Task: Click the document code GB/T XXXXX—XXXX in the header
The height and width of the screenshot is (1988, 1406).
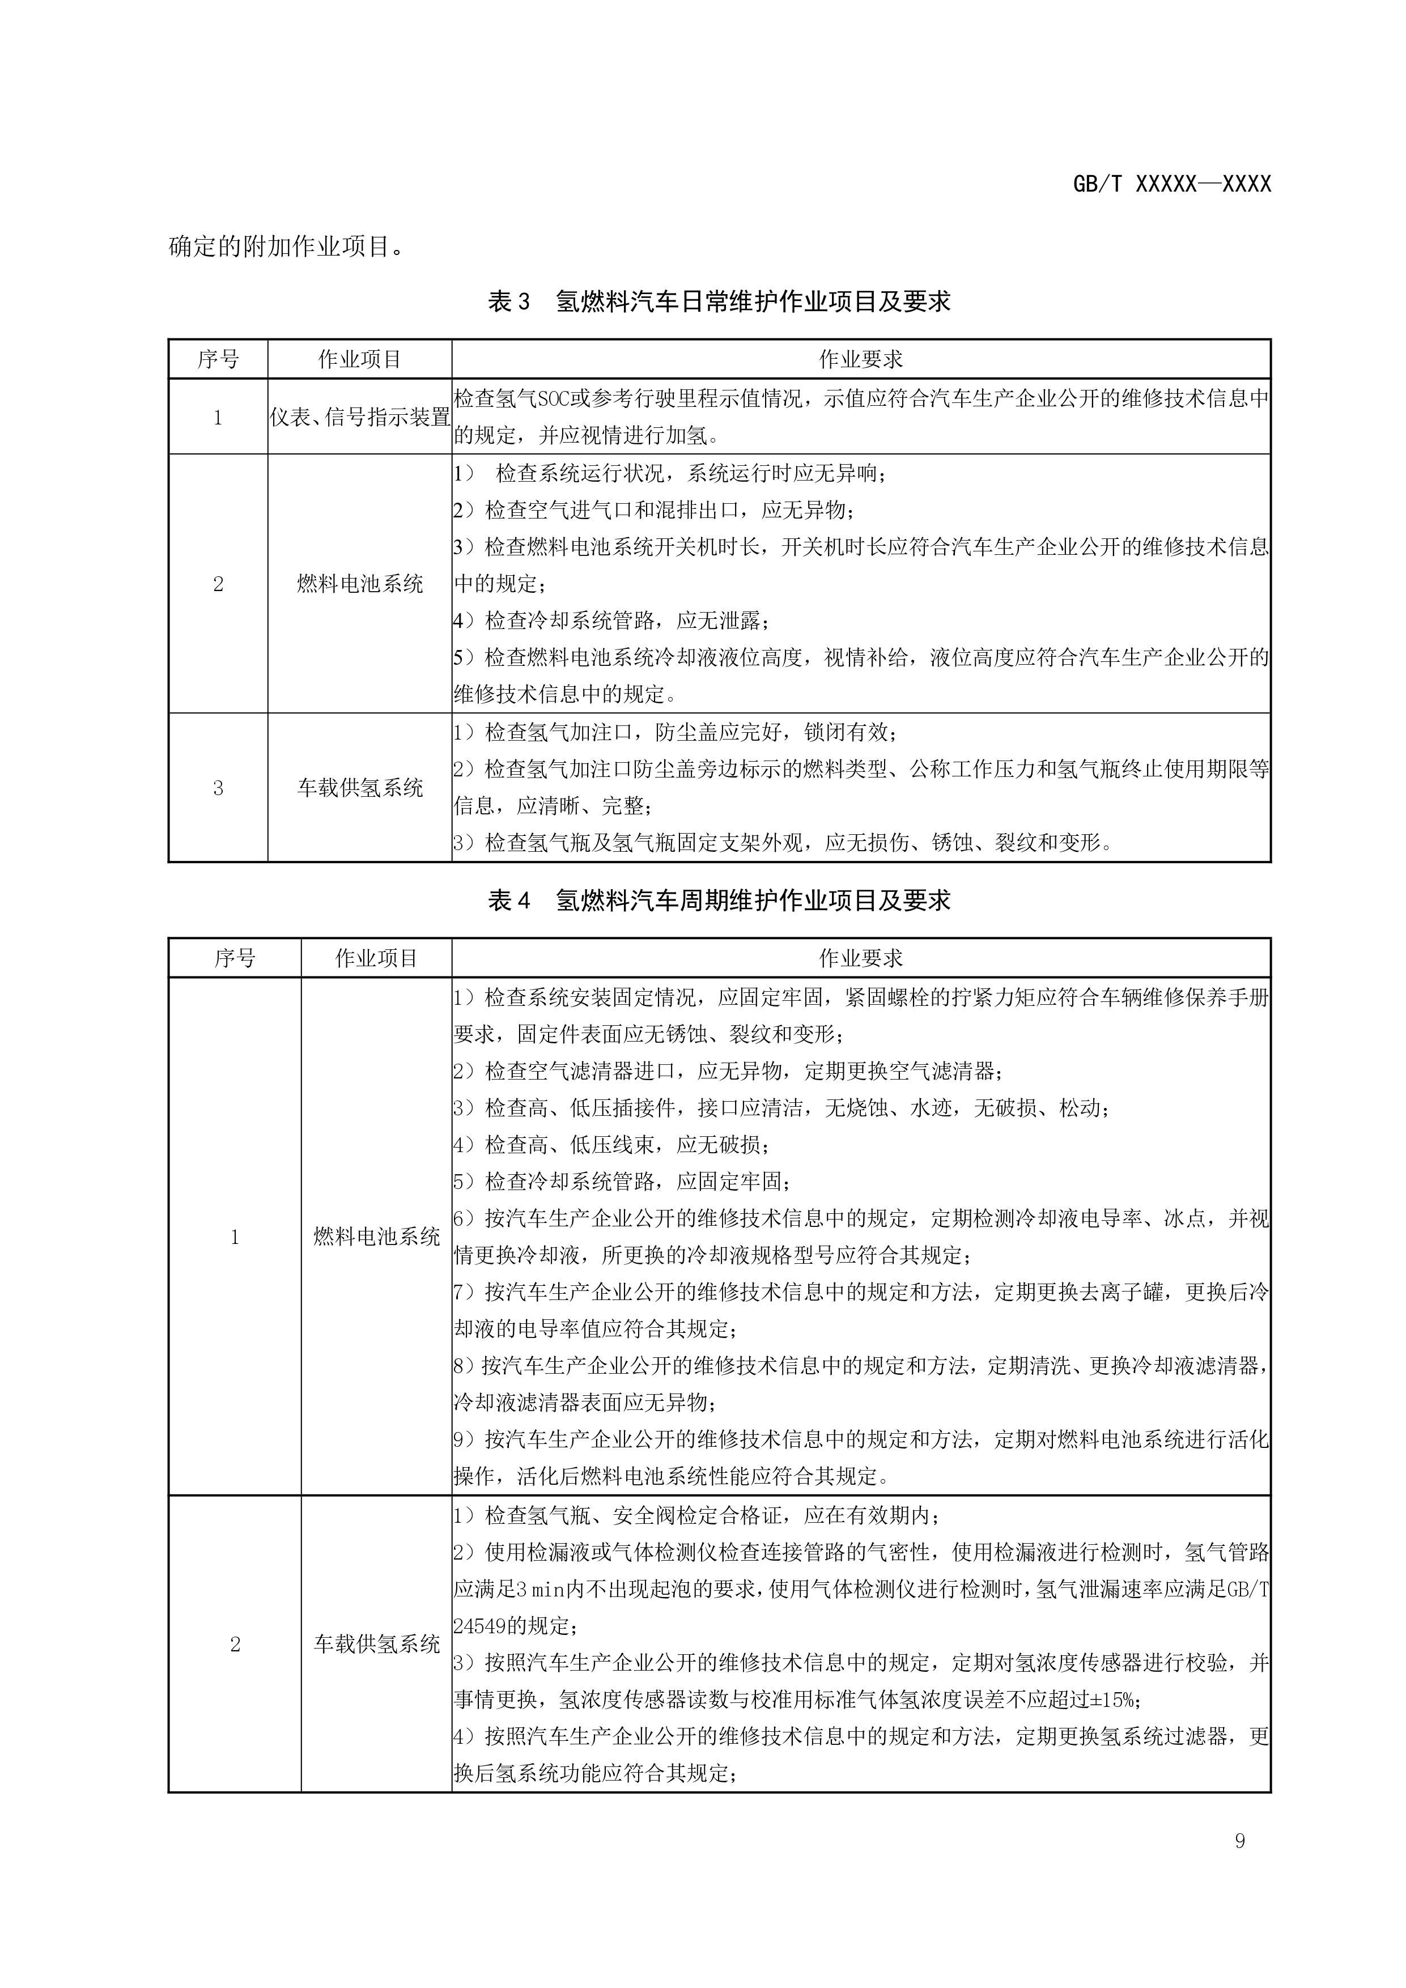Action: coord(1171,184)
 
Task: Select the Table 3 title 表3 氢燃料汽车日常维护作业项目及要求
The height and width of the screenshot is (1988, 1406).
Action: coord(719,301)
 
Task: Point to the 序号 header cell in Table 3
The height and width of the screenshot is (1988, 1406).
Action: coord(218,359)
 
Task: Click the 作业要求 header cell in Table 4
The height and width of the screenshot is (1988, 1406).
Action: coord(861,958)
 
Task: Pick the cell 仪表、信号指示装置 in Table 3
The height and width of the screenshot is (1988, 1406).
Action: coord(359,417)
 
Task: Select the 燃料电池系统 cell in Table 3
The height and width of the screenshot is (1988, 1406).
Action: coord(359,584)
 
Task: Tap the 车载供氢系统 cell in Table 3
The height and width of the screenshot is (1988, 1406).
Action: coord(359,787)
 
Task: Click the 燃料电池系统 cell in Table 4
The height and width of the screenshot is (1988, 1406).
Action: coord(377,1237)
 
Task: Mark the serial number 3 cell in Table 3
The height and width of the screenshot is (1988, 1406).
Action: coord(218,787)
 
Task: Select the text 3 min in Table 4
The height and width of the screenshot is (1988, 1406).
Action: coord(540,1589)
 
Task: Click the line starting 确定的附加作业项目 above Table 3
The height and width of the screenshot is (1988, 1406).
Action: coord(286,247)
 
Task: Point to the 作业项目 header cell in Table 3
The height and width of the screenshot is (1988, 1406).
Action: coord(359,359)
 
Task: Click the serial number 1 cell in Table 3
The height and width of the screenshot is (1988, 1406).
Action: coord(218,417)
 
